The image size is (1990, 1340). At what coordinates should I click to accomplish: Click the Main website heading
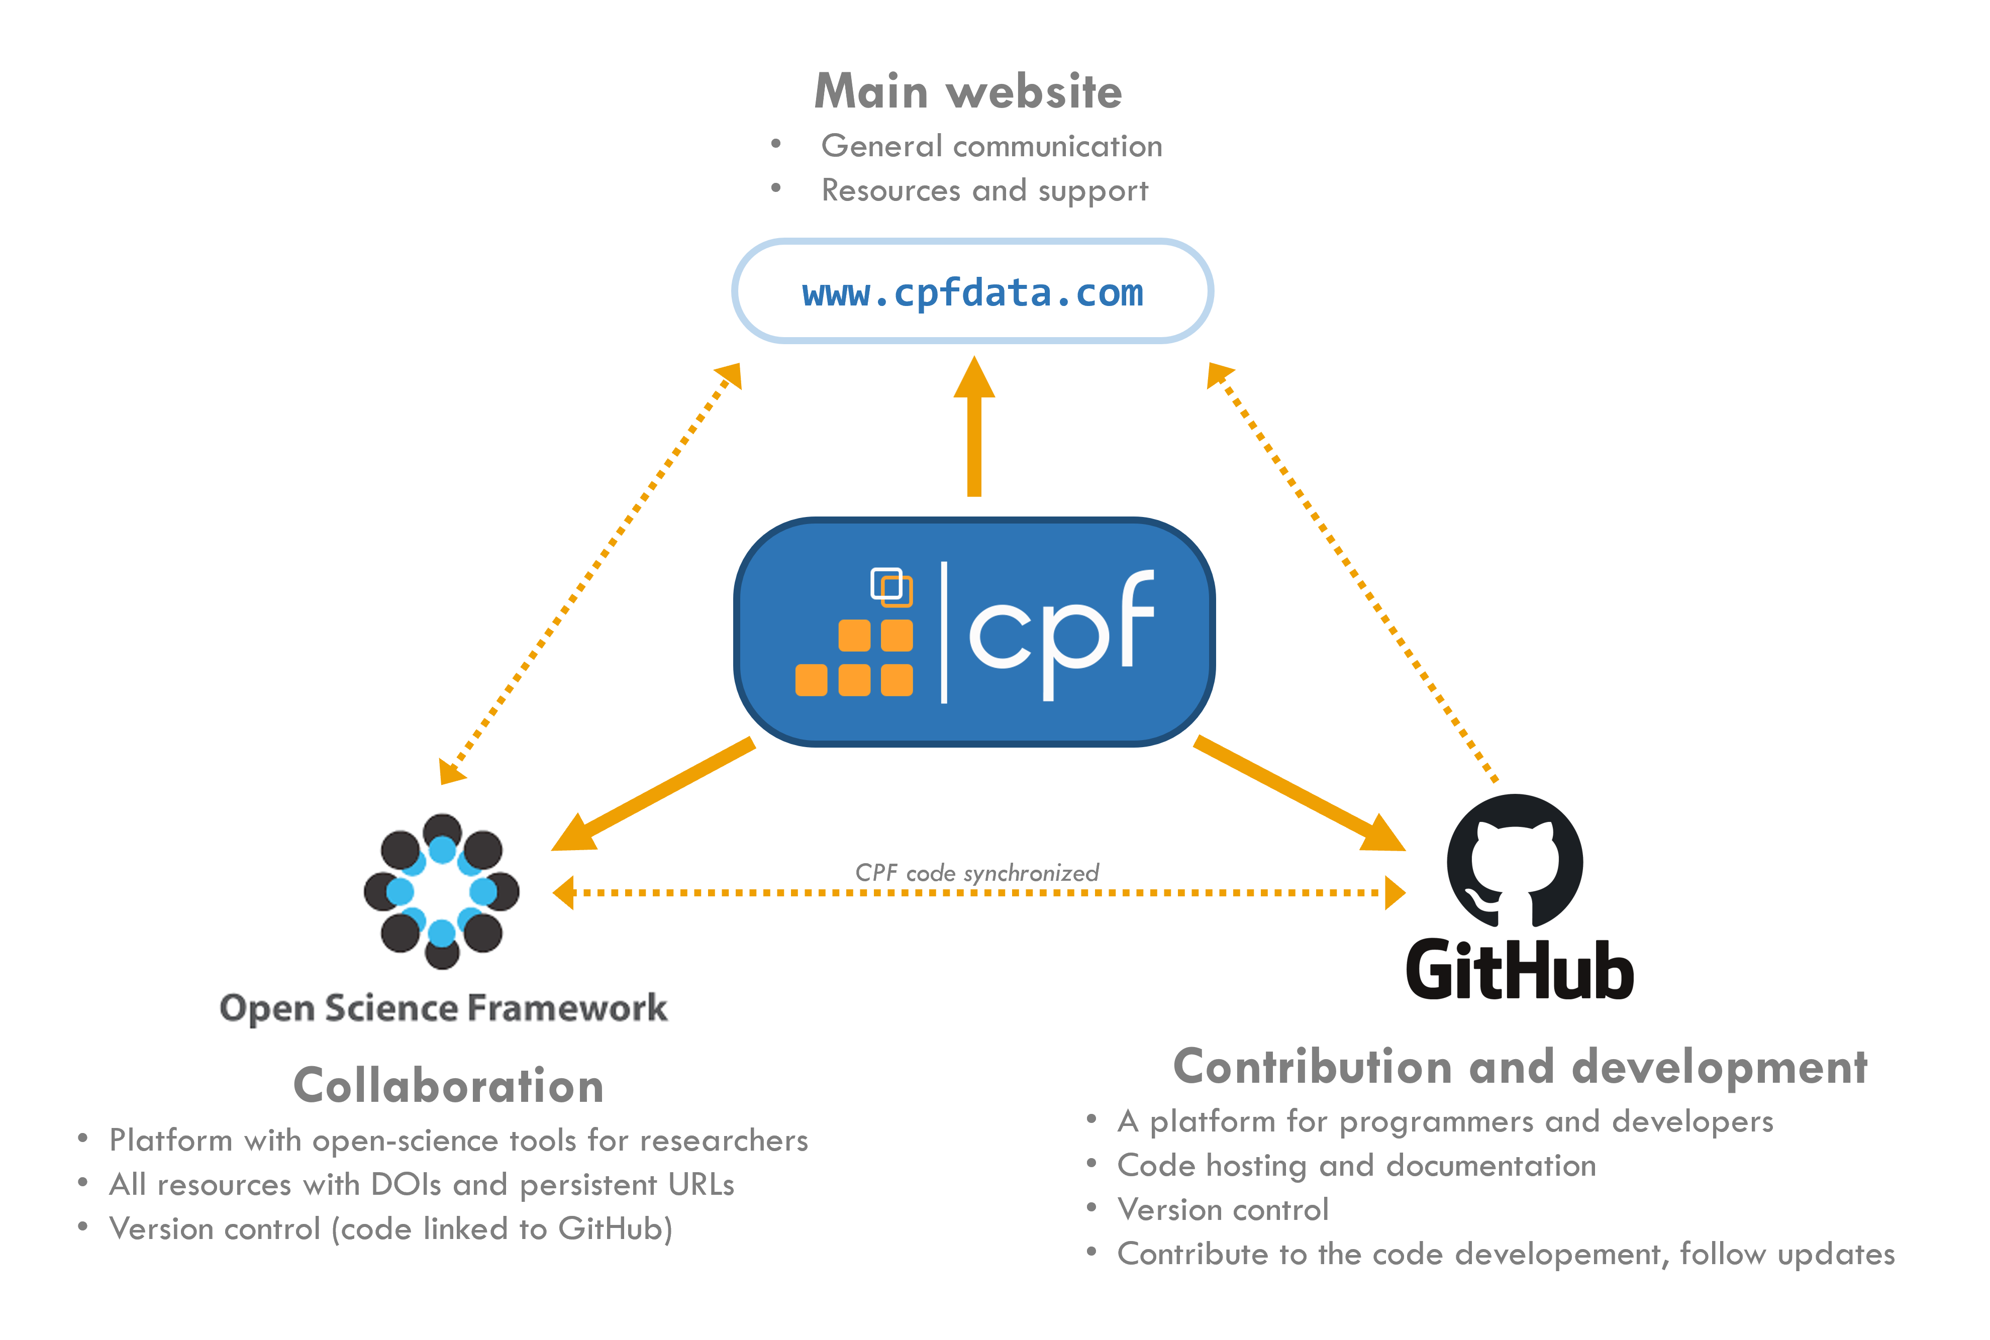pyautogui.click(x=968, y=91)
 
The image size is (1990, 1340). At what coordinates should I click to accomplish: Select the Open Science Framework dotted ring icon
pyautogui.click(x=441, y=891)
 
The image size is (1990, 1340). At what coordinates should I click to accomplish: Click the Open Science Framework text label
pyautogui.click(x=443, y=1008)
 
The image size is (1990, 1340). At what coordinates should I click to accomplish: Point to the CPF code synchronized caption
pyautogui.click(x=976, y=873)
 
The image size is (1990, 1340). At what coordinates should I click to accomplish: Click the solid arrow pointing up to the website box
pyautogui.click(x=973, y=427)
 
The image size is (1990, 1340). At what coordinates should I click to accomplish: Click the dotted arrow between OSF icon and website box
pyautogui.click(x=590, y=573)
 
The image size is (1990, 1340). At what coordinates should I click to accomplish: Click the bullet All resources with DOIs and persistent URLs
pyautogui.click(x=422, y=1184)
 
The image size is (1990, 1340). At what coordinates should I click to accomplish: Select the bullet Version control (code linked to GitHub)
pyautogui.click(x=390, y=1229)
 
